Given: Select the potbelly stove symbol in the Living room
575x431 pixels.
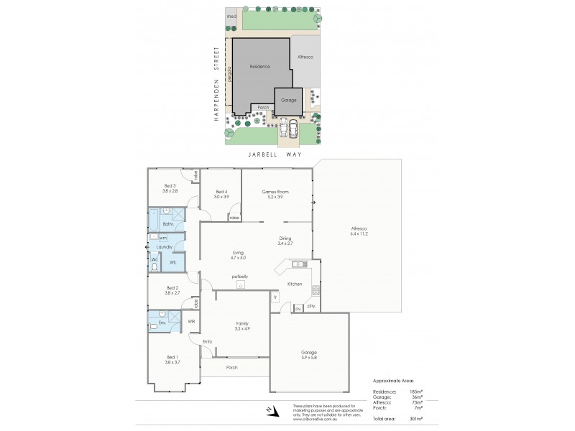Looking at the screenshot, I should (x=240, y=284).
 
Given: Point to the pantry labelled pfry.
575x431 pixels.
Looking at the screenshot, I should (x=311, y=306).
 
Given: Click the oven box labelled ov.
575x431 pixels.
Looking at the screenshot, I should (x=298, y=310).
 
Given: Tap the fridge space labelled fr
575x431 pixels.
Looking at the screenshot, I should (x=275, y=296).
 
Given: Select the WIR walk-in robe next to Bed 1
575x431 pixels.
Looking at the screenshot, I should (x=191, y=321).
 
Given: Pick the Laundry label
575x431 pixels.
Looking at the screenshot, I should (x=164, y=246).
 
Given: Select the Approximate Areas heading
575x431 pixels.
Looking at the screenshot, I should (x=394, y=381).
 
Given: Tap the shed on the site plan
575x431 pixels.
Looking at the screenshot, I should (x=231, y=15).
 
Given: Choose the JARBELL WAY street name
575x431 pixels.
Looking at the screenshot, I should (x=274, y=154).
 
